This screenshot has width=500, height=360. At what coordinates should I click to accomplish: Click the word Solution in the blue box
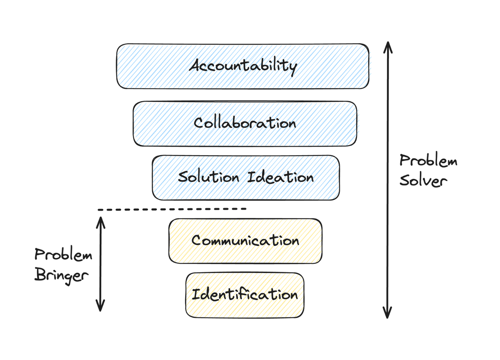(208, 177)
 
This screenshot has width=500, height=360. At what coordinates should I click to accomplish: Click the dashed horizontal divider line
(172, 209)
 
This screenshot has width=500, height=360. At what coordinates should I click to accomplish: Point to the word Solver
(423, 181)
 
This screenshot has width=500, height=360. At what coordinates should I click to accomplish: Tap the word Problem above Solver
(428, 161)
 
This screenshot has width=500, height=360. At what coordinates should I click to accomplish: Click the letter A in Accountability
(196, 65)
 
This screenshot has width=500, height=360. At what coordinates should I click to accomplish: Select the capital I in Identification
(196, 294)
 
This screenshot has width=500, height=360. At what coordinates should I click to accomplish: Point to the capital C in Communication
(196, 240)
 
